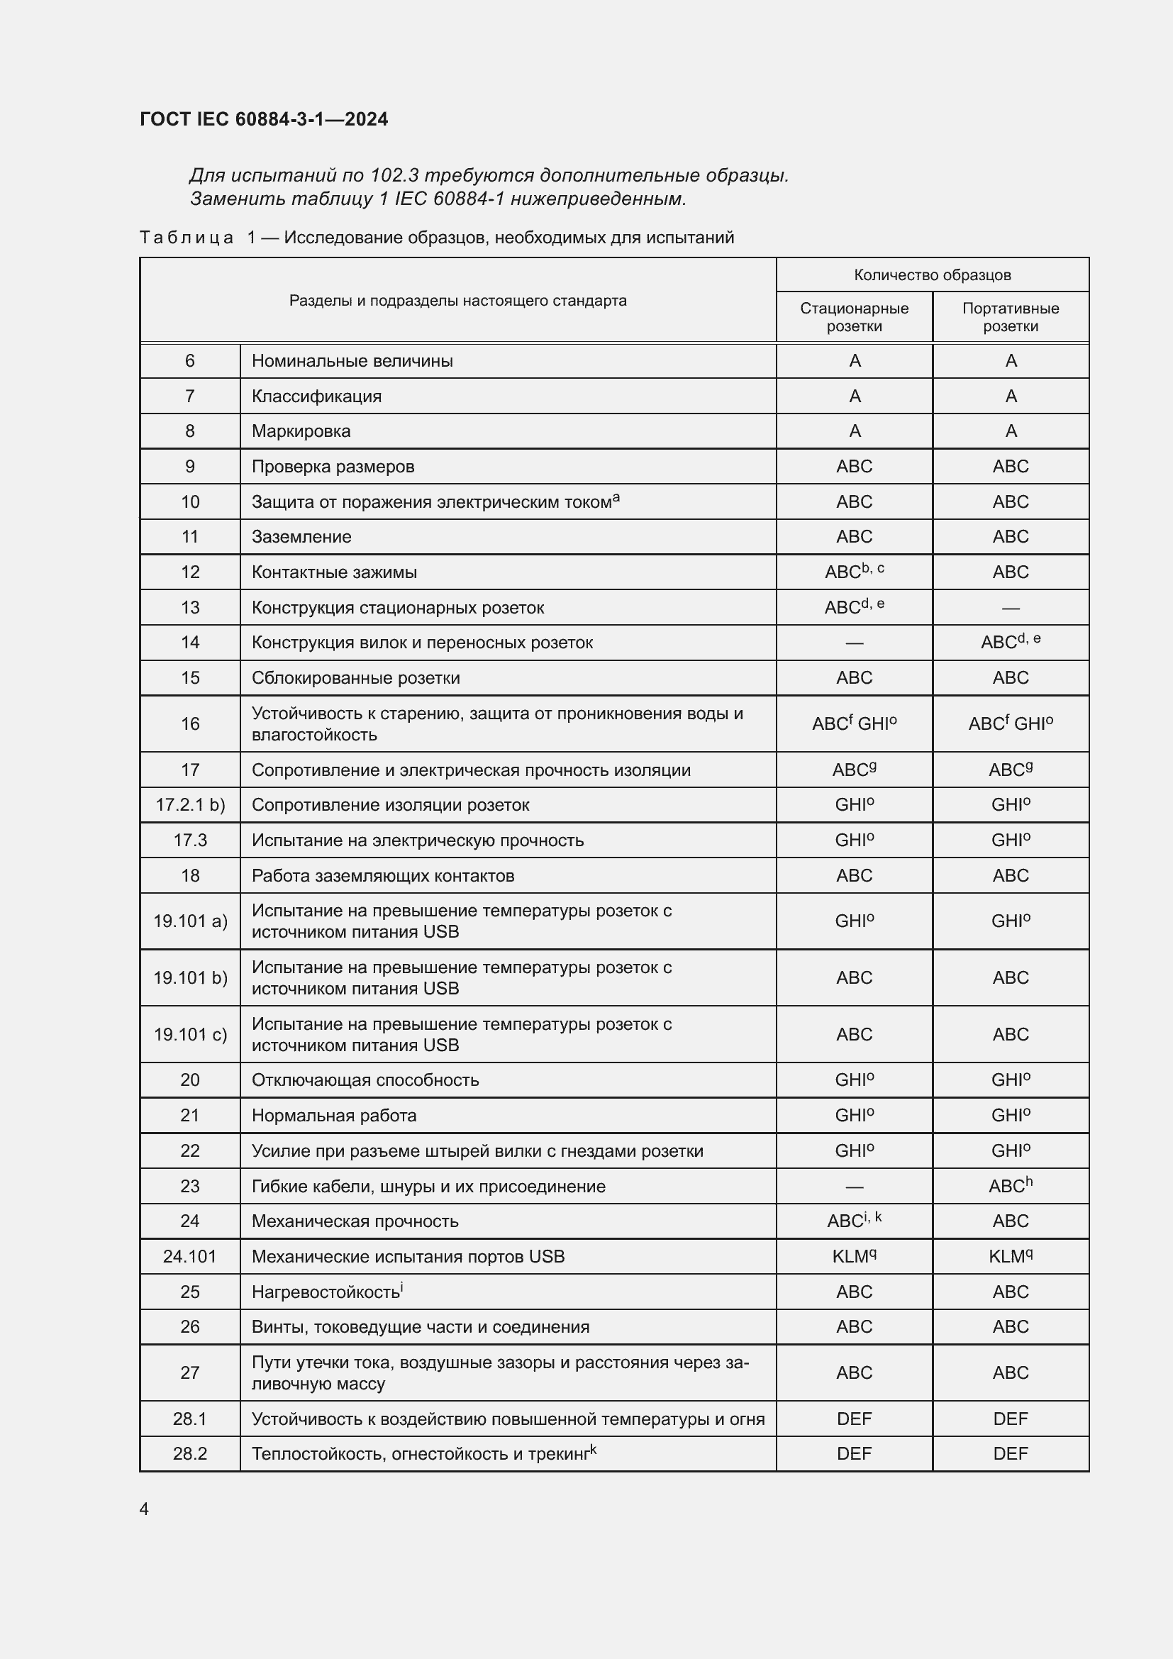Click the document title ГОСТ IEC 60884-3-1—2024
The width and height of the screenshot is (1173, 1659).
[264, 119]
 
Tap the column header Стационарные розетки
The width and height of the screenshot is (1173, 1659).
[854, 316]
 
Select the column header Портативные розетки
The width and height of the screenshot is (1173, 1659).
[1010, 316]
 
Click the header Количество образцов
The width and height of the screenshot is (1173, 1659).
[932, 274]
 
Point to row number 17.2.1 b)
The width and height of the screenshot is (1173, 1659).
[190, 805]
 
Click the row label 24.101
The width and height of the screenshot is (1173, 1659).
[190, 1257]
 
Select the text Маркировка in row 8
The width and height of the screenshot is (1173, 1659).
[301, 431]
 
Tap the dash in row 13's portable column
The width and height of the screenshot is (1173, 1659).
[1010, 608]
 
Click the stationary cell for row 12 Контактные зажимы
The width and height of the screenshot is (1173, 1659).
[854, 572]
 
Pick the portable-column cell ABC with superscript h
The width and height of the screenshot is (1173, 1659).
[1010, 1186]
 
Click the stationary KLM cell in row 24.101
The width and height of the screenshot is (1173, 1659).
[854, 1257]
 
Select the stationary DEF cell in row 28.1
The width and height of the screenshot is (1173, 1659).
[854, 1419]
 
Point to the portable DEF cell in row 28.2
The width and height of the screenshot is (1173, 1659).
[1010, 1454]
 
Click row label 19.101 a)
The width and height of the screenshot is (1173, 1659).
[190, 921]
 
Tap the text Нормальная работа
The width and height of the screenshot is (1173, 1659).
[334, 1116]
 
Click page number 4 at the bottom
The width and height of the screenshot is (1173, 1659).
[145, 1509]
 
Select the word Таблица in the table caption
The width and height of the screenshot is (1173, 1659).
[187, 238]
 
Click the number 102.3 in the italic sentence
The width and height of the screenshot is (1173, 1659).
[394, 176]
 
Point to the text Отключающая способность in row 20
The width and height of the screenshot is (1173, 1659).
[365, 1080]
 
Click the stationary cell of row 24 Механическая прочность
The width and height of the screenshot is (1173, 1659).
[854, 1221]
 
